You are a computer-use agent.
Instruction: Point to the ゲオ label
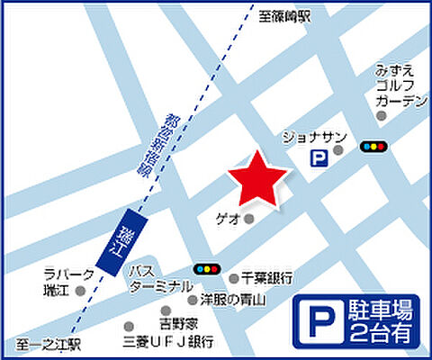pyautogui.click(x=228, y=218)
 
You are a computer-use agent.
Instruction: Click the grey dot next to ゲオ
pyautogui.click(x=249, y=218)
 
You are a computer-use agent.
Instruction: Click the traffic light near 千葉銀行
pyautogui.click(x=207, y=268)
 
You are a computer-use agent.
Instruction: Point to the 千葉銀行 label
pyautogui.click(x=269, y=279)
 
